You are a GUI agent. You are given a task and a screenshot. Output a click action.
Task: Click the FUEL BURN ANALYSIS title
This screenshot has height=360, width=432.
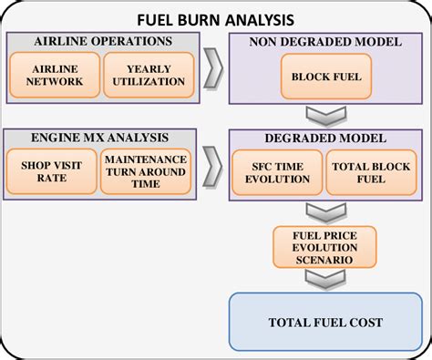click(x=216, y=19)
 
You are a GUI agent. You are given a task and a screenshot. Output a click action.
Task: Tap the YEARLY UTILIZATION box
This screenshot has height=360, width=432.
click(x=149, y=76)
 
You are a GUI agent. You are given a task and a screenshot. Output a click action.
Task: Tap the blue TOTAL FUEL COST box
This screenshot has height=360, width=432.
click(x=325, y=321)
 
